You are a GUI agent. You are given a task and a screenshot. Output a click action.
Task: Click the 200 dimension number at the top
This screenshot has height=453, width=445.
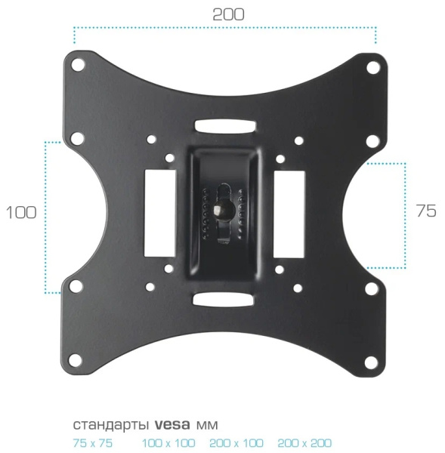(228, 14)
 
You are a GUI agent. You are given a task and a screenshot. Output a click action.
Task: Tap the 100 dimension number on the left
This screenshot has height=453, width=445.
(21, 212)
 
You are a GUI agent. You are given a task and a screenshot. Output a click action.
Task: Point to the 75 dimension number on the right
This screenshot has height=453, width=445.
(426, 211)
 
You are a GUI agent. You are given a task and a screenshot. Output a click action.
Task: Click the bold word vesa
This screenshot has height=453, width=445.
(172, 424)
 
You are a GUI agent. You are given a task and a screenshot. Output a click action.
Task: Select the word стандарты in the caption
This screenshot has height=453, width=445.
(111, 425)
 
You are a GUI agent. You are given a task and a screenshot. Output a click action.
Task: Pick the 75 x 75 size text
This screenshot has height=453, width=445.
(92, 443)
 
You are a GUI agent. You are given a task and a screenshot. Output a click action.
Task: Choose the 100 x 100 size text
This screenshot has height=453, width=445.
(168, 443)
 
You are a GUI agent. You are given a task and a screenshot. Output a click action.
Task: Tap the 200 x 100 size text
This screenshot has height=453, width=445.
(236, 443)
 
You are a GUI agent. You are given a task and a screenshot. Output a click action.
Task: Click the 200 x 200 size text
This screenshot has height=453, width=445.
(304, 443)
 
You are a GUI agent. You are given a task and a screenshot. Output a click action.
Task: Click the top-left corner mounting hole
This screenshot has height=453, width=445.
(78, 64)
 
